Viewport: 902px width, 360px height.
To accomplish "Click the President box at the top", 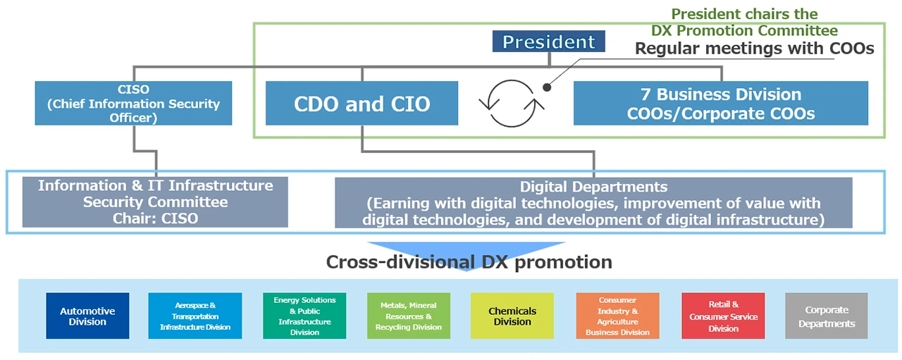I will coord(548,42).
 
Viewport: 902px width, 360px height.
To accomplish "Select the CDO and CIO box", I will coord(362,104).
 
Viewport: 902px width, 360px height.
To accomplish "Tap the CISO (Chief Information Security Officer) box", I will coord(133,104).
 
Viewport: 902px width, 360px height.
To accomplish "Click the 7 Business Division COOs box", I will coord(720,104).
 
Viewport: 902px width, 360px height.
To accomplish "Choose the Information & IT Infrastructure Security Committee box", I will coord(155,202).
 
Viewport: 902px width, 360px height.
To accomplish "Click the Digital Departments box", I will coord(593,203).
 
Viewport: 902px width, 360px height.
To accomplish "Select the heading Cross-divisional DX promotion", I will coord(469,262).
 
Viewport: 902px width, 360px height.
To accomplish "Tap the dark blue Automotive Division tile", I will coord(87,316).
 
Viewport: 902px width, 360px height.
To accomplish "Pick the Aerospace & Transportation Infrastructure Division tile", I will coord(195,316).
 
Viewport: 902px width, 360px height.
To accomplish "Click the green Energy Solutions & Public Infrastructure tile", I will coord(304,316).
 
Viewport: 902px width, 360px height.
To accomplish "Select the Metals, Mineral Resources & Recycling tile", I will coord(408,316).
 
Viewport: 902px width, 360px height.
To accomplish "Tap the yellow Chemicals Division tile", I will coord(512,316).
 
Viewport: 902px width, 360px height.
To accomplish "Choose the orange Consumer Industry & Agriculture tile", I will coord(617,316).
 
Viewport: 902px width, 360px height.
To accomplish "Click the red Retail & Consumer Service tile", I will coord(723,316).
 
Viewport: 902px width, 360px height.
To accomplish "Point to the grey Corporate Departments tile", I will coord(827,316).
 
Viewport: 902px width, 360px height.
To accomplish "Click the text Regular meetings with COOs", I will coord(754,49).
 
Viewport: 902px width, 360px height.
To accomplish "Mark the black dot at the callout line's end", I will coord(545,87).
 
